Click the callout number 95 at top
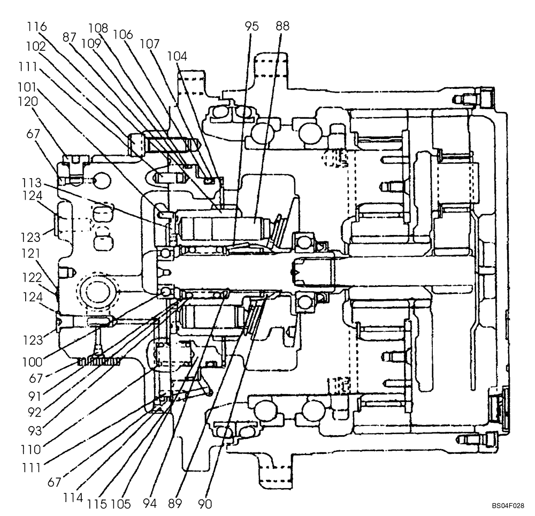tap(251, 26)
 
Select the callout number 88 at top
tap(282, 26)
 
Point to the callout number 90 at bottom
tap(204, 504)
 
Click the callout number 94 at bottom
tap(150, 504)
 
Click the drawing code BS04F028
tap(508, 505)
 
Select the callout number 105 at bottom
tap(123, 504)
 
